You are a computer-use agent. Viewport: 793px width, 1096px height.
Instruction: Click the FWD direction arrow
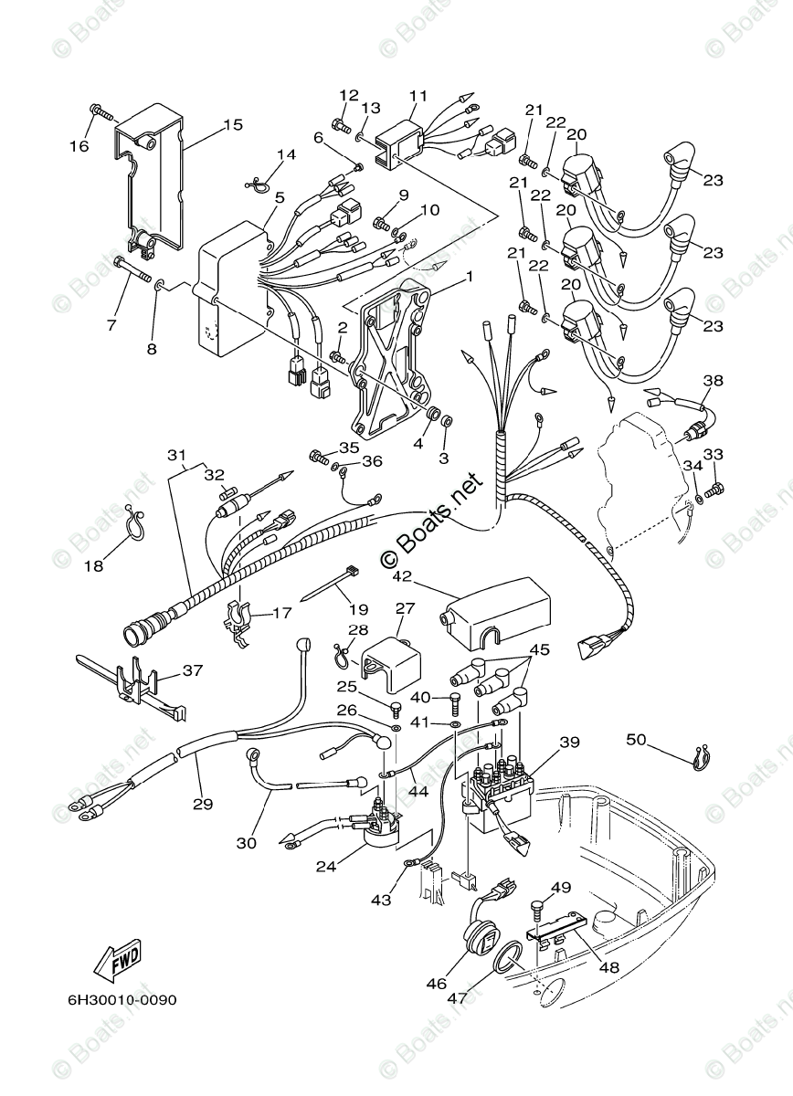(118, 959)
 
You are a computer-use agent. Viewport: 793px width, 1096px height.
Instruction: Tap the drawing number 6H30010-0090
(122, 999)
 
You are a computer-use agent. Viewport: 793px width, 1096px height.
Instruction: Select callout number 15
(232, 124)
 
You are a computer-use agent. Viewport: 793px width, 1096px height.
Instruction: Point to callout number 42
(402, 576)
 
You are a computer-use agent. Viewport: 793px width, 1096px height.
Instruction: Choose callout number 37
(192, 671)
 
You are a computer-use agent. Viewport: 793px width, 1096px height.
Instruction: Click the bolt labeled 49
(537, 909)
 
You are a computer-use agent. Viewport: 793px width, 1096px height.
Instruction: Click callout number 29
(202, 804)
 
